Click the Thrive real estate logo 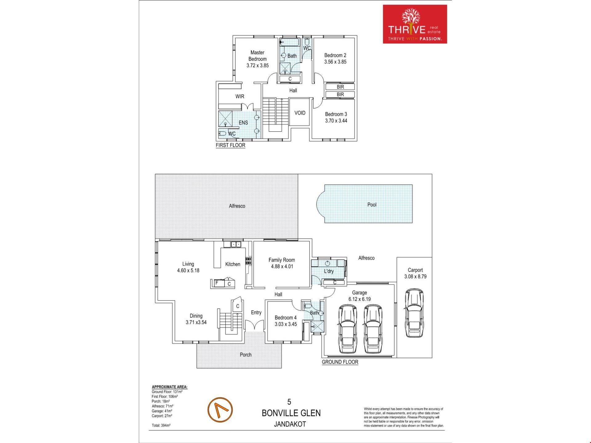click(415, 24)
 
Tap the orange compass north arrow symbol click(220, 410)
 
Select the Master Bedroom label click(257, 56)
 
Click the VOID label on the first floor click(300, 113)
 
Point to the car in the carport click(414, 313)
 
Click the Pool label click(372, 205)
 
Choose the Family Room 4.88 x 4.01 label click(282, 263)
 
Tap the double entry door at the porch click(255, 325)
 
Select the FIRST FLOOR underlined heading click(231, 145)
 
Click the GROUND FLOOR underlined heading click(340, 362)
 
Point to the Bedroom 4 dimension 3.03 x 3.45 click(286, 324)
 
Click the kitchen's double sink click(236, 244)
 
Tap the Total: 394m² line click(161, 425)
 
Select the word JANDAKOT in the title click(290, 424)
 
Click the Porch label click(246, 355)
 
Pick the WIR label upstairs click(240, 97)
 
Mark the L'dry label click(329, 271)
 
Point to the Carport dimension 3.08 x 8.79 click(415, 277)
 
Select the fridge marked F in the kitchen click(217, 283)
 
